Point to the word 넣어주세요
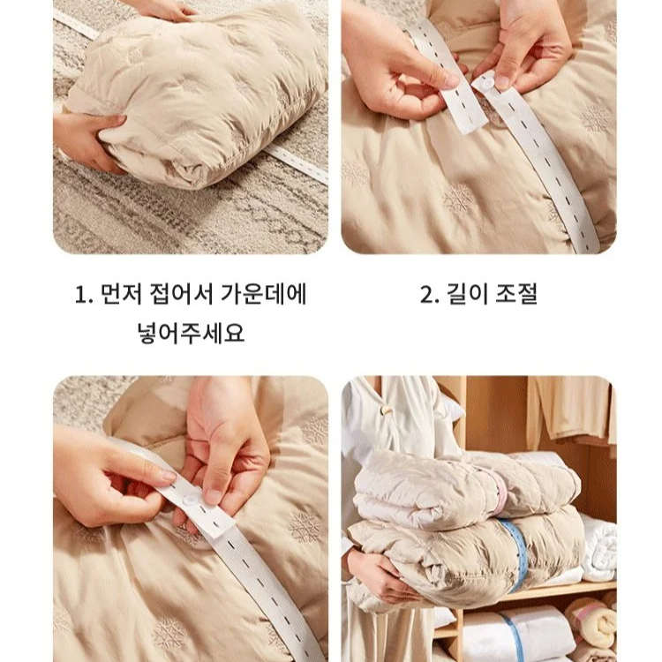pos(191,335)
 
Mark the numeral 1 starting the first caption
pos(80,295)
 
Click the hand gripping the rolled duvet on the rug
pos(88,139)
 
